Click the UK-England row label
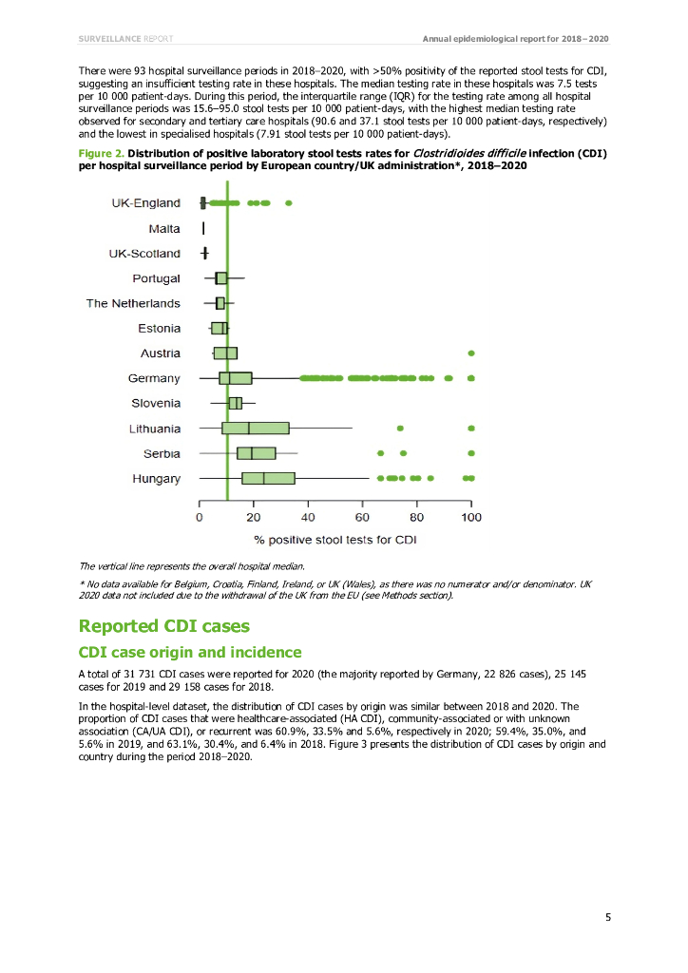pyautogui.click(x=145, y=203)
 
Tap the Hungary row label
pyautogui.click(x=156, y=479)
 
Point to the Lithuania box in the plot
pyautogui.click(x=255, y=429)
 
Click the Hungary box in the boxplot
pyautogui.click(x=268, y=479)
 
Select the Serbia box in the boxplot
pyautogui.click(x=256, y=453)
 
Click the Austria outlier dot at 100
pyautogui.click(x=471, y=353)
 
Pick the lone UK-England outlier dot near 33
pyautogui.click(x=289, y=203)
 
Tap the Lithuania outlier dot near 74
pyautogui.click(x=400, y=429)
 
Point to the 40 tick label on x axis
pyautogui.click(x=308, y=518)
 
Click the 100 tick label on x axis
pyautogui.click(x=471, y=518)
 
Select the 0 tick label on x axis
pyautogui.click(x=200, y=518)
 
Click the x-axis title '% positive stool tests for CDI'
pyautogui.click(x=334, y=540)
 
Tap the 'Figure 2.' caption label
pyautogui.click(x=101, y=153)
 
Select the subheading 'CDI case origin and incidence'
pyautogui.click(x=190, y=652)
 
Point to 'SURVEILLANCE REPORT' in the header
pyautogui.click(x=125, y=38)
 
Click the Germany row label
pyautogui.click(x=154, y=378)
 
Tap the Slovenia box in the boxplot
pyautogui.click(x=235, y=404)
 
